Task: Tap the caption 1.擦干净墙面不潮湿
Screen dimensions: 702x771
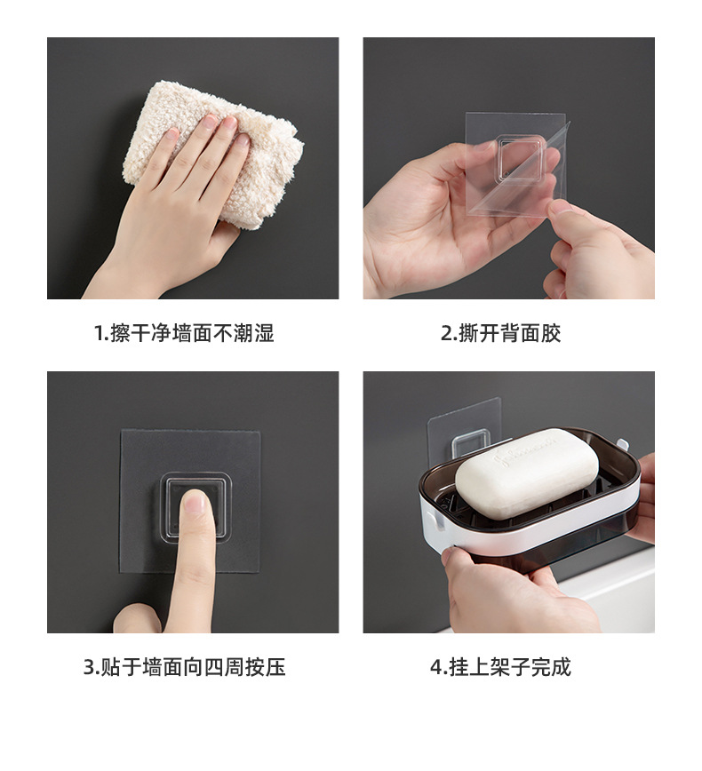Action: tap(184, 333)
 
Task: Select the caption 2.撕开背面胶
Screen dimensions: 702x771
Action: tap(501, 333)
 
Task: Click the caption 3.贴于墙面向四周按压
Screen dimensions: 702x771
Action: tap(185, 667)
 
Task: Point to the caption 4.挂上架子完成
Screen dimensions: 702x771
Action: tap(501, 667)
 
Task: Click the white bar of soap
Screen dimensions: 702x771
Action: tap(527, 472)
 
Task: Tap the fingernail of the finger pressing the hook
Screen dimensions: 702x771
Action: tap(195, 502)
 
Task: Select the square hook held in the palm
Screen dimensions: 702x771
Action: tap(521, 157)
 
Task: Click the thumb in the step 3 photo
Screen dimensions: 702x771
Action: tap(137, 618)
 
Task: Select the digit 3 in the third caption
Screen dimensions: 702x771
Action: tap(89, 668)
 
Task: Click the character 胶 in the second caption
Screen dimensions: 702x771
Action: tap(551, 333)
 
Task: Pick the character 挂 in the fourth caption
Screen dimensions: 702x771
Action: tap(459, 667)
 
